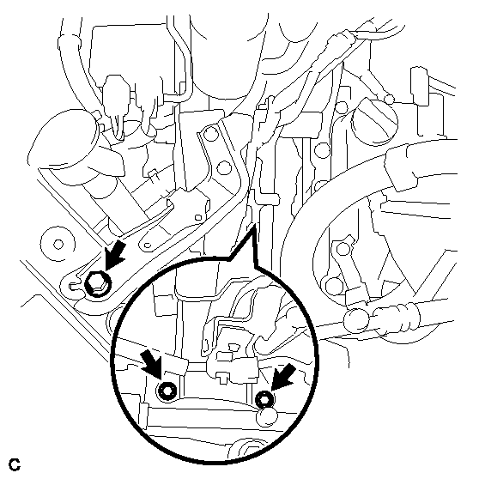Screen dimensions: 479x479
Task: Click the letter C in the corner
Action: coord(15,464)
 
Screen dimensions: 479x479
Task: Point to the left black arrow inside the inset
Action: coord(152,365)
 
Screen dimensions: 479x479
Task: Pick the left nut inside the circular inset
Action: coord(167,391)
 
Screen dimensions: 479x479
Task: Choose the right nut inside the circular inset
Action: coord(264,399)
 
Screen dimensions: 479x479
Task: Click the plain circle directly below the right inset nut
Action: coord(267,416)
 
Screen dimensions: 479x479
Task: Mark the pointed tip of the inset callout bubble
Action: coord(254,225)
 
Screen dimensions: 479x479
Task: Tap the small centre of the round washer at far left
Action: coord(58,245)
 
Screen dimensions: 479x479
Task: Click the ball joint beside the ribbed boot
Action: coord(356,320)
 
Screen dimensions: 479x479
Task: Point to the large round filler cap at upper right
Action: coord(375,120)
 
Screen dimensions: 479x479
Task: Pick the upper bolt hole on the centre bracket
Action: coord(211,134)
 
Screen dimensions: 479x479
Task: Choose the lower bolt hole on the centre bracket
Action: coord(224,167)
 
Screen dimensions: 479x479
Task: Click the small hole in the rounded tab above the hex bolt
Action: coord(148,245)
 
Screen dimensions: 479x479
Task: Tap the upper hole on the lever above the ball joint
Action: coord(343,248)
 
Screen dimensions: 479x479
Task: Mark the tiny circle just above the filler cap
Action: coord(389,99)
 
